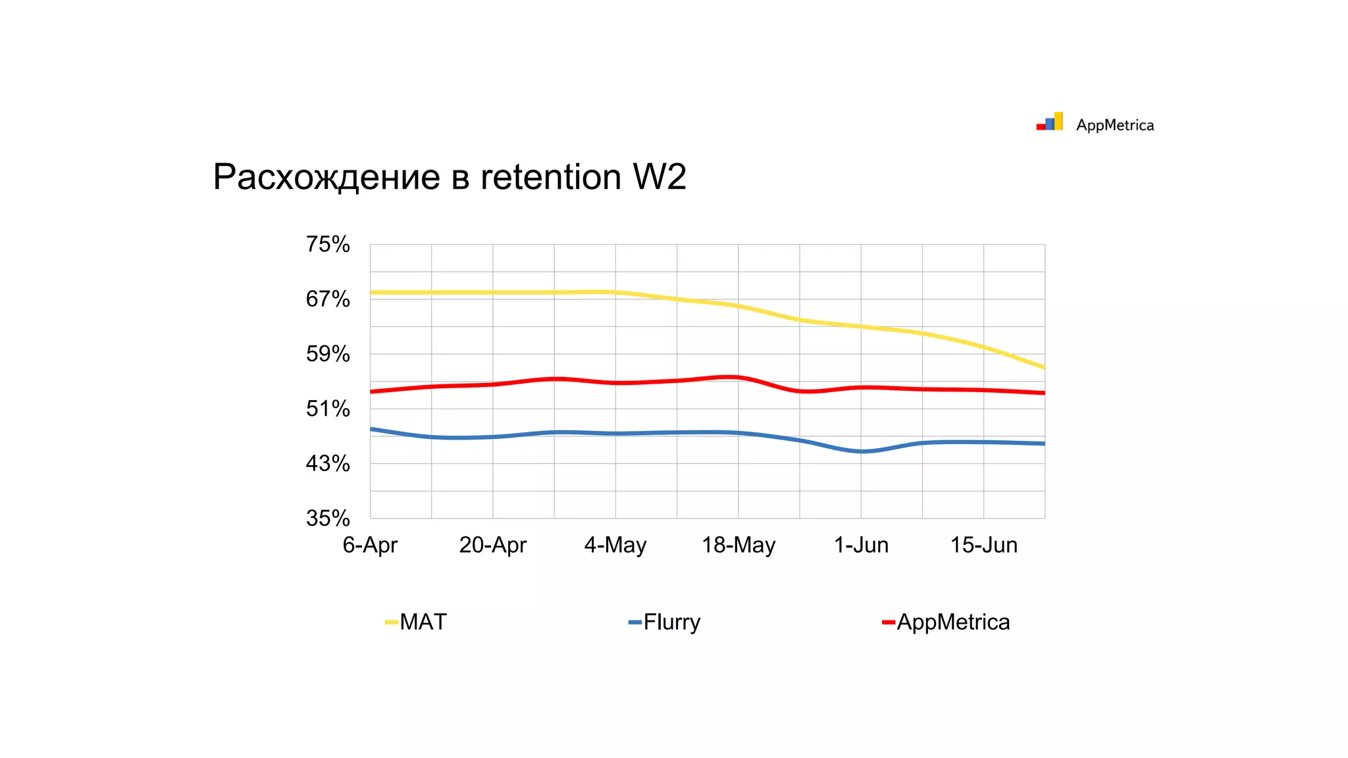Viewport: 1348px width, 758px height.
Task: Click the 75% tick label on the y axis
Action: (327, 244)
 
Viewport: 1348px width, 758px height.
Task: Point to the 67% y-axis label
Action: (327, 299)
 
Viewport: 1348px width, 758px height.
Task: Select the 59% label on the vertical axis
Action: (327, 354)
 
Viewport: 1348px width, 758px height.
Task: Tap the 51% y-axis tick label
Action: (327, 409)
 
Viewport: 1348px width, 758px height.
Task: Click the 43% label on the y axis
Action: (327, 463)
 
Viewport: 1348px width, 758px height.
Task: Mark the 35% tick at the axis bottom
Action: (327, 518)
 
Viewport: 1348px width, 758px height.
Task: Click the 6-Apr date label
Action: (370, 545)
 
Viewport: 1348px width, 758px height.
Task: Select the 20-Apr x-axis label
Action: (492, 545)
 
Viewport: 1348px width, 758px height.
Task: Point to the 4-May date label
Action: (615, 545)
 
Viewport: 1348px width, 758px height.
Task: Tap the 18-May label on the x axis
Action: (739, 545)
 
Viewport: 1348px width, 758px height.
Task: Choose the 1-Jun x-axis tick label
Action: (861, 545)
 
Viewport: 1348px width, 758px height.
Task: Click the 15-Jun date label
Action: (983, 545)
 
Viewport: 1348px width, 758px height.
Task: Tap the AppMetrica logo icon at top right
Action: (1050, 122)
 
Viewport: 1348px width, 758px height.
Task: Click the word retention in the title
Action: (550, 177)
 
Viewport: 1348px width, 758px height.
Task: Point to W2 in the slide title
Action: (659, 177)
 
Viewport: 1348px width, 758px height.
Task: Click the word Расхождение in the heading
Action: (326, 177)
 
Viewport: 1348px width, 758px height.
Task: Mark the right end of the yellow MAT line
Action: (1043, 367)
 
